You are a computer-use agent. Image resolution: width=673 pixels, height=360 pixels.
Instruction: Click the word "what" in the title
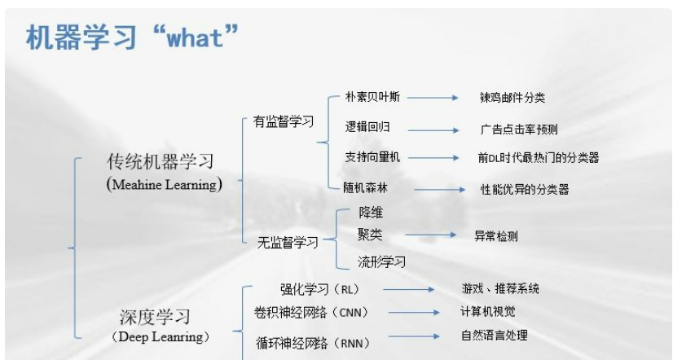point(195,37)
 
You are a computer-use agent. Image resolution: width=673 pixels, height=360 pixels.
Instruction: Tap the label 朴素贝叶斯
point(372,97)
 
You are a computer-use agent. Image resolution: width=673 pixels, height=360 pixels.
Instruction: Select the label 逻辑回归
point(367,127)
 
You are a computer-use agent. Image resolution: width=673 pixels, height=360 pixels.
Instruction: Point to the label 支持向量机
point(372,157)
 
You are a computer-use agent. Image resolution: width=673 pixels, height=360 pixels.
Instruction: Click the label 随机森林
point(365,188)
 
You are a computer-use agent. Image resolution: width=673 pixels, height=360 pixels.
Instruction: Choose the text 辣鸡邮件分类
point(512,98)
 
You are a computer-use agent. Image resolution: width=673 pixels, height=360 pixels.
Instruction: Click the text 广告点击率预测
point(519,130)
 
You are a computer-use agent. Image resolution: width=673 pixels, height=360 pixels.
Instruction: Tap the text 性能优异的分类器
point(525,189)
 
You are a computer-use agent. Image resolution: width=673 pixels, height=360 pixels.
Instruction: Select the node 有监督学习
point(284,121)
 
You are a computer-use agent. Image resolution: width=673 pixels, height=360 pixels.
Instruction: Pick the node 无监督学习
point(288,243)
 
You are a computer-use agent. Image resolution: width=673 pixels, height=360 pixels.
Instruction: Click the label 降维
point(371,213)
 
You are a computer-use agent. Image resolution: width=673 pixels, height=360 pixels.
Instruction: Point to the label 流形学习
point(381,261)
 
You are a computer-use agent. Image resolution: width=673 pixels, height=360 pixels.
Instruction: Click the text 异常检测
point(496,236)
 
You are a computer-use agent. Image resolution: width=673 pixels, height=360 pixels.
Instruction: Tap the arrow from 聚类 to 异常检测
point(431,235)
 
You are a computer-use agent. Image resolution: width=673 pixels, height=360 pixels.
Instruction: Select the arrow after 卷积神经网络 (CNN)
point(414,313)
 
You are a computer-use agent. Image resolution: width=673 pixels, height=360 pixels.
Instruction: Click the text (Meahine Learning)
point(165,185)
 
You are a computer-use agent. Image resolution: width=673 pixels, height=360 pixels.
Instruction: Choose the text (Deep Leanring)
point(161,337)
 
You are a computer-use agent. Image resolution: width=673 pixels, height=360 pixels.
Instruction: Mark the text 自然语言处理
point(495,335)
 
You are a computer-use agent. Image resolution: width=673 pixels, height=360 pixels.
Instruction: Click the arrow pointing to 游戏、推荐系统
point(409,289)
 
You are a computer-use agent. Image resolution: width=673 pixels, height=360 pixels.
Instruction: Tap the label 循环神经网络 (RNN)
point(313,343)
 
